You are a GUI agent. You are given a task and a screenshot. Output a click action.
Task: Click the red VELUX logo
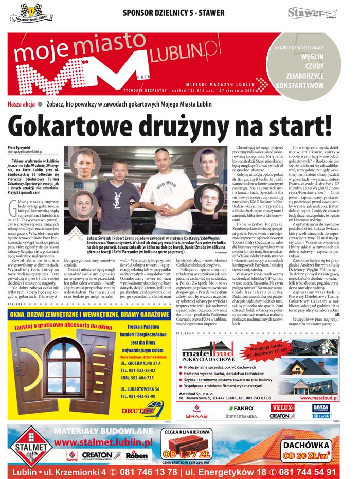pyautogui.click(x=282, y=407)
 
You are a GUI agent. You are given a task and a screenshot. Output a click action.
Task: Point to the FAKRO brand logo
pyautogui.click(x=240, y=407)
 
